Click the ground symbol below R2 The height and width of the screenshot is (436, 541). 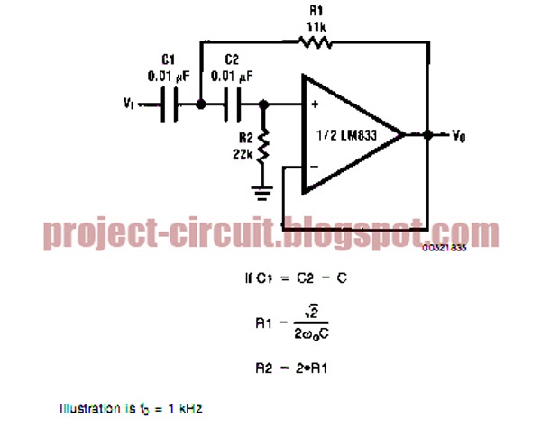264,190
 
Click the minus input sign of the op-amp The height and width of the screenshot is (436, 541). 315,168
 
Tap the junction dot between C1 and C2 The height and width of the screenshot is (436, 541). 201,105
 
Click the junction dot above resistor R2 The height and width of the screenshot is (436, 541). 264,105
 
